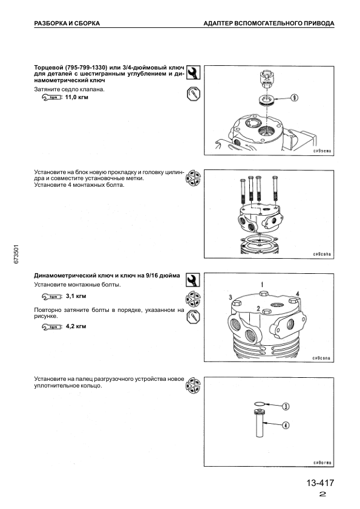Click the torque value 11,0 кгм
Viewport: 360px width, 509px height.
pos(77,97)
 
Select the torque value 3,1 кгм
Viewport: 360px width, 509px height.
pos(76,296)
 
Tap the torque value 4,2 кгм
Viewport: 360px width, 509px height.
pos(76,326)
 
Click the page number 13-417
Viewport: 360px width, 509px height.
pos(320,483)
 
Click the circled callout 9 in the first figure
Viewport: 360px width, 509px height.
pos(294,97)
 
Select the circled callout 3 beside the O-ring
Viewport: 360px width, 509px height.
pos(285,406)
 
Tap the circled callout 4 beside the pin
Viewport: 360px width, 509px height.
pos(285,425)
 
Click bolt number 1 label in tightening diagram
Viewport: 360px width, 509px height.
pos(262,285)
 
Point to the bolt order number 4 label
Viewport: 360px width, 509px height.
pos(297,294)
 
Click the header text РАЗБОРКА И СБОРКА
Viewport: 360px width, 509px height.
pos(67,24)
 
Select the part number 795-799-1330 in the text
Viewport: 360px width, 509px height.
pos(86,68)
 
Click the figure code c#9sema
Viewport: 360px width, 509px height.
pos(322,151)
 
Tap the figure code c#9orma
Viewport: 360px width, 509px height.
pos(322,462)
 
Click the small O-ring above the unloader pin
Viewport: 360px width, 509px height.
pos(260,403)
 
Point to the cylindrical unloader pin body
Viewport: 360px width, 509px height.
pos(260,424)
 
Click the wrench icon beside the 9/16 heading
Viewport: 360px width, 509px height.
pos(193,279)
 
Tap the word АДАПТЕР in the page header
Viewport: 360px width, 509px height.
pos(217,24)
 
